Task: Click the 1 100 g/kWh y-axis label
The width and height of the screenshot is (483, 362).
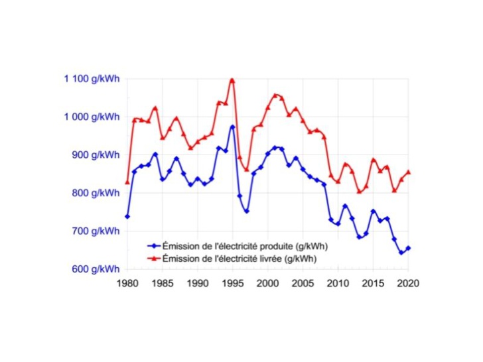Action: [92, 79]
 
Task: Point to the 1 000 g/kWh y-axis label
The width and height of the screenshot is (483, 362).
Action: [92, 117]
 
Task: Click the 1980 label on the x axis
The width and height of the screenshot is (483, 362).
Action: [127, 283]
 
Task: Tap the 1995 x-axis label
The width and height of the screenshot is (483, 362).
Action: [232, 283]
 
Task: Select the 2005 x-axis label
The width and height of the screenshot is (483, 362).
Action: [303, 283]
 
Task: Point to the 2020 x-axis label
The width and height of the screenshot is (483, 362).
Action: [409, 283]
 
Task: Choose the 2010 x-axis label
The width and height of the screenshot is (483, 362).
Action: [338, 283]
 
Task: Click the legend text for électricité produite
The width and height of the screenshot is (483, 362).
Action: [246, 246]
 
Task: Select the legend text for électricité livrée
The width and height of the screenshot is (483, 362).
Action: [240, 259]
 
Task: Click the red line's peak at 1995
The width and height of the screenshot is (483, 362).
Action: [232, 80]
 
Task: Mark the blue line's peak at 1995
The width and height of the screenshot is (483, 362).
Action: [232, 127]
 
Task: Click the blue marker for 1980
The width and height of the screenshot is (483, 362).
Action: [127, 216]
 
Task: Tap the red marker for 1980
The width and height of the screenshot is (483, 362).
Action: [127, 182]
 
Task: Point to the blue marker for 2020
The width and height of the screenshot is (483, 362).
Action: [408, 248]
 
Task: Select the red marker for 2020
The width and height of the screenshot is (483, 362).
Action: [408, 172]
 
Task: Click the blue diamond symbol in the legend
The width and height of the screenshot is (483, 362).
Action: [151, 246]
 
